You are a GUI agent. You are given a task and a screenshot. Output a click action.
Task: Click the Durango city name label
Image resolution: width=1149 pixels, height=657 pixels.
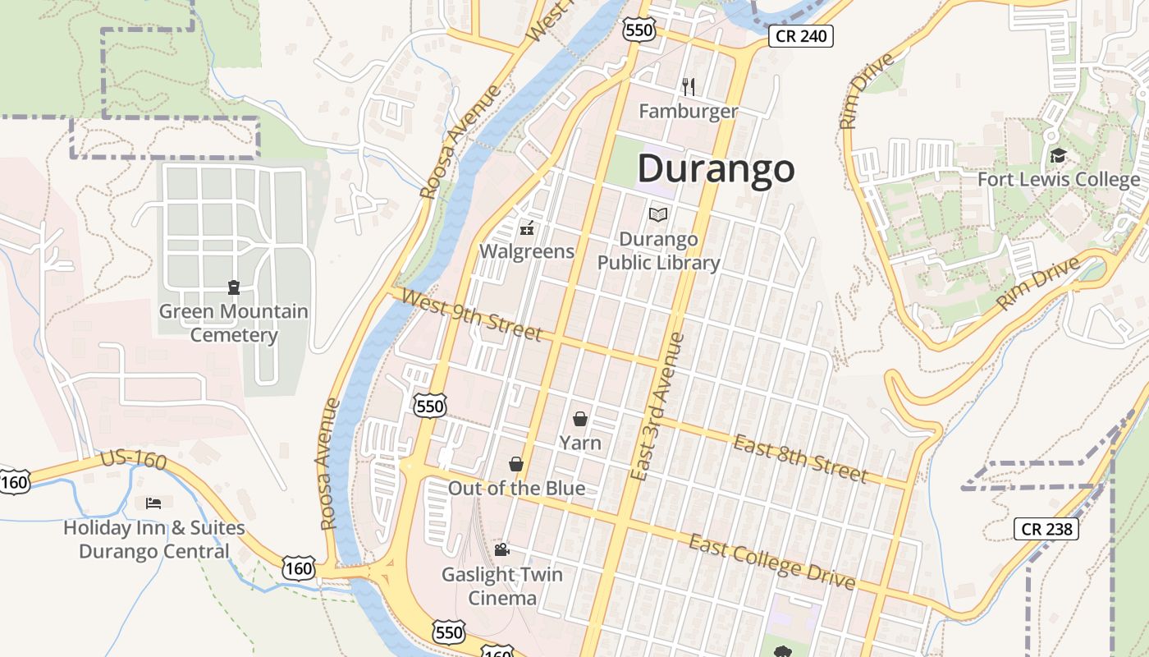pos(716,169)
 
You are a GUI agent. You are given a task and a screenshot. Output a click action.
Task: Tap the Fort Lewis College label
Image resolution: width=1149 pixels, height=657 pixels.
pos(1059,179)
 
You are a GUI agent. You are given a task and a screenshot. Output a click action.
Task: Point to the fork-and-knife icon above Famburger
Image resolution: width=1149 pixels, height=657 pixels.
pos(689,86)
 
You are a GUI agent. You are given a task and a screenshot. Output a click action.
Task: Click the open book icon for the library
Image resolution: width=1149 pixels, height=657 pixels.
pos(658,214)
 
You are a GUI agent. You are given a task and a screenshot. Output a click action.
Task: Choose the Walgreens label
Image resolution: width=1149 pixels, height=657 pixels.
pos(527,251)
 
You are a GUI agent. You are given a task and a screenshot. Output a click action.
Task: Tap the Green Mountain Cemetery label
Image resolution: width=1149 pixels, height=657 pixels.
pos(234,324)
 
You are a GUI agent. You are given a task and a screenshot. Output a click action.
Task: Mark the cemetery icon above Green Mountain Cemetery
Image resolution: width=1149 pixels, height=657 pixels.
pos(234,287)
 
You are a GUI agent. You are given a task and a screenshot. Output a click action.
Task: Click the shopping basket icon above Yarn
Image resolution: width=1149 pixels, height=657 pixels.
pos(580,419)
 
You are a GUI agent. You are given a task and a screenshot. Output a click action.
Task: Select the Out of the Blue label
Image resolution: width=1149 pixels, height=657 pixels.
pos(516,489)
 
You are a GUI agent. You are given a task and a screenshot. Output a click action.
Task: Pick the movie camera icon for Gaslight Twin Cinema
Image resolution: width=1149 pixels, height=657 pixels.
pos(501,549)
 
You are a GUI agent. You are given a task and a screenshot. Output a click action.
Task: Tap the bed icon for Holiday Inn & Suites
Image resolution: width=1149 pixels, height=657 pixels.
pos(153,503)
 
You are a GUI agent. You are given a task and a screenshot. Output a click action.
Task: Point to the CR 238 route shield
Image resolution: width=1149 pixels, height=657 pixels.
pos(1046,529)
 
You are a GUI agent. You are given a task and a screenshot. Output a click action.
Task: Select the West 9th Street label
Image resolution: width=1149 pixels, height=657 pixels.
pos(473,315)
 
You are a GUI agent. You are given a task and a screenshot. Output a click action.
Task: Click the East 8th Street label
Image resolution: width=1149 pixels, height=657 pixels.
pos(800,459)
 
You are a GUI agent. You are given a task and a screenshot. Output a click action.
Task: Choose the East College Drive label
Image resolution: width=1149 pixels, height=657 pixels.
pos(771,562)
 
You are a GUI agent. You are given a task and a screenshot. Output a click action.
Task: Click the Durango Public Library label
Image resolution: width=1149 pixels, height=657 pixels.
pos(658,251)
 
